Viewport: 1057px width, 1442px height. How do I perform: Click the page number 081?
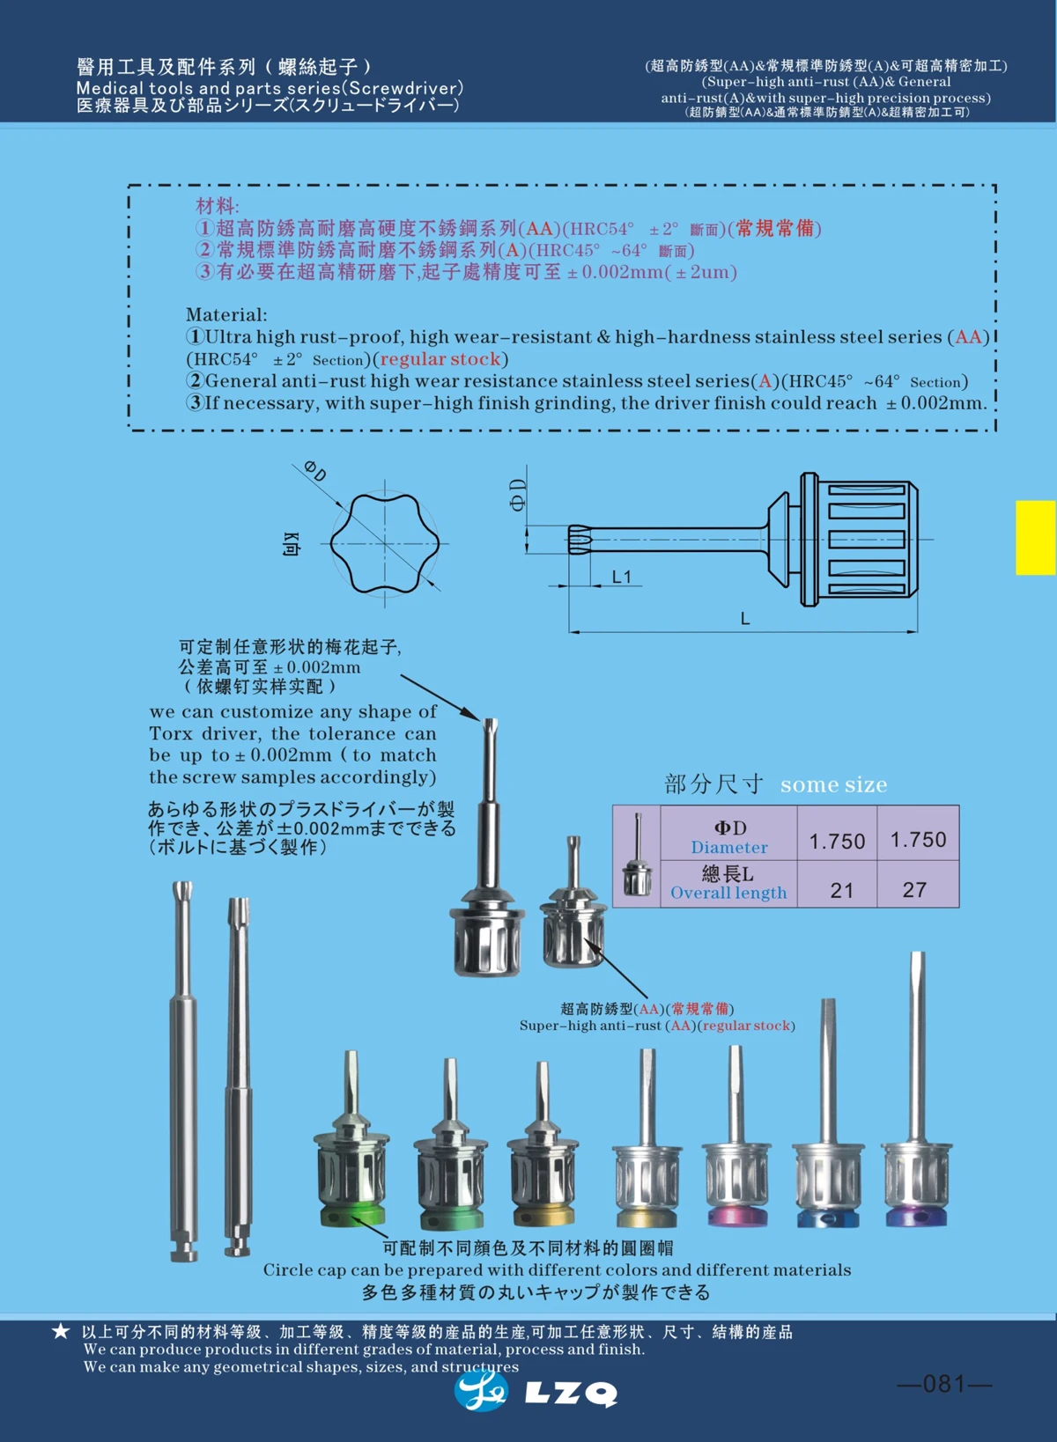[944, 1384]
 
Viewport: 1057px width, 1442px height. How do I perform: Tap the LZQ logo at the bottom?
[536, 1392]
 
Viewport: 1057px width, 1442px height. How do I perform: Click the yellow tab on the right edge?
[1035, 537]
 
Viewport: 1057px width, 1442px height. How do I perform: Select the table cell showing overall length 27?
[915, 889]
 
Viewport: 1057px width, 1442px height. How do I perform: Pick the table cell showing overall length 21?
[842, 889]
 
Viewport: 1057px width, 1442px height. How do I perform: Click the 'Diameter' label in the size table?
[729, 847]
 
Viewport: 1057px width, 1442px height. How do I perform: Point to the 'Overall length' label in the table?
[728, 893]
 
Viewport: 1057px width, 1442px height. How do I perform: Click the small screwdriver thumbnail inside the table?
[636, 857]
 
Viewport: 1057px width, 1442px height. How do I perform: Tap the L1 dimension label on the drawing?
[622, 577]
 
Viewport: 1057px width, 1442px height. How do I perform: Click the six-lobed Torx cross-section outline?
[385, 542]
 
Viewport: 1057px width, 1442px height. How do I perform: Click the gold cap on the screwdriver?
[647, 1218]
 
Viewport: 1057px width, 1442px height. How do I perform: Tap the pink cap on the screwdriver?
[737, 1217]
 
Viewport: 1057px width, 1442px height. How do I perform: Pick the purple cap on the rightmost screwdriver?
[919, 1217]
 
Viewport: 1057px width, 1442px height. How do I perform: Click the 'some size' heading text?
[833, 784]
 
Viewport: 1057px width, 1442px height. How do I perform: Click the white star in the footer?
[60, 1330]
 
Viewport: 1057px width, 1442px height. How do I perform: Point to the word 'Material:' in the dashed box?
[226, 314]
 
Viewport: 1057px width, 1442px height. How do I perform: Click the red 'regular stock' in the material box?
[440, 359]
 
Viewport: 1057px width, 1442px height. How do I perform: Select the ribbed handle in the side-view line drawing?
[863, 540]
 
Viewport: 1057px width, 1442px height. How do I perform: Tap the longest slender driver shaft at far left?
[183, 1065]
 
